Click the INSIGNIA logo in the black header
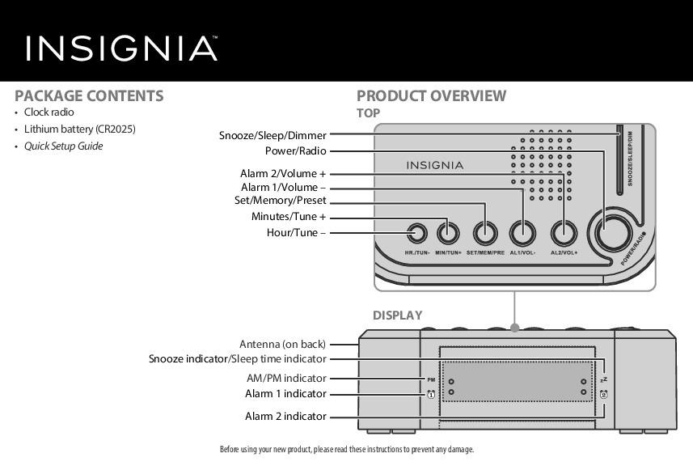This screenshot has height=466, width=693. tap(121, 49)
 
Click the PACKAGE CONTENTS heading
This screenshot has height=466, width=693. tap(89, 95)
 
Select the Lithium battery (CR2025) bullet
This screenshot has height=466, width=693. tap(79, 129)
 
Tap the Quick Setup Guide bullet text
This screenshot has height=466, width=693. tap(63, 146)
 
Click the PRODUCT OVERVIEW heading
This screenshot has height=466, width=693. tap(431, 95)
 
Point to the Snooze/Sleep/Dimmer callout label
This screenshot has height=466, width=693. tap(273, 135)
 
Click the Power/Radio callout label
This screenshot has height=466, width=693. tap(295, 150)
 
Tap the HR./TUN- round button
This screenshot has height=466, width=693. tap(417, 234)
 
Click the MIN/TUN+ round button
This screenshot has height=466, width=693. tap(448, 234)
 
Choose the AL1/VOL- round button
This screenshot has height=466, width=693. tap(522, 234)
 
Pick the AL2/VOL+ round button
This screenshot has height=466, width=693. tap(564, 234)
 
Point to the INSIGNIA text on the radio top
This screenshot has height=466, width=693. tap(434, 166)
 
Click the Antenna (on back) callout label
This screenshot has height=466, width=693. tap(282, 345)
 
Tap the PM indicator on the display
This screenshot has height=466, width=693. tap(431, 379)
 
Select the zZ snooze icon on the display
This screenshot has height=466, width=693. tap(603, 379)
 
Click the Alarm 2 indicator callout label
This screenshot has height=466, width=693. tap(285, 417)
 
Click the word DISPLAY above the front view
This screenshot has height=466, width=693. tap(397, 316)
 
